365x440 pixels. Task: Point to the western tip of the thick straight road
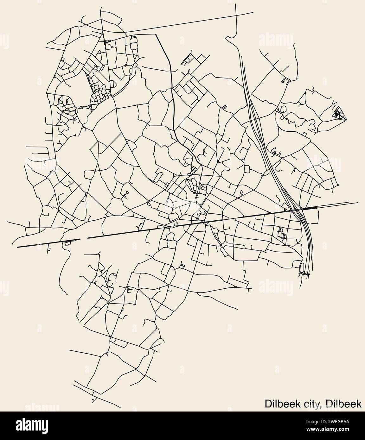(x=18, y=246)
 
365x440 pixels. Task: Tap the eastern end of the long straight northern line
(x=253, y=13)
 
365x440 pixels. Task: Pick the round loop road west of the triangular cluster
(x=283, y=109)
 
